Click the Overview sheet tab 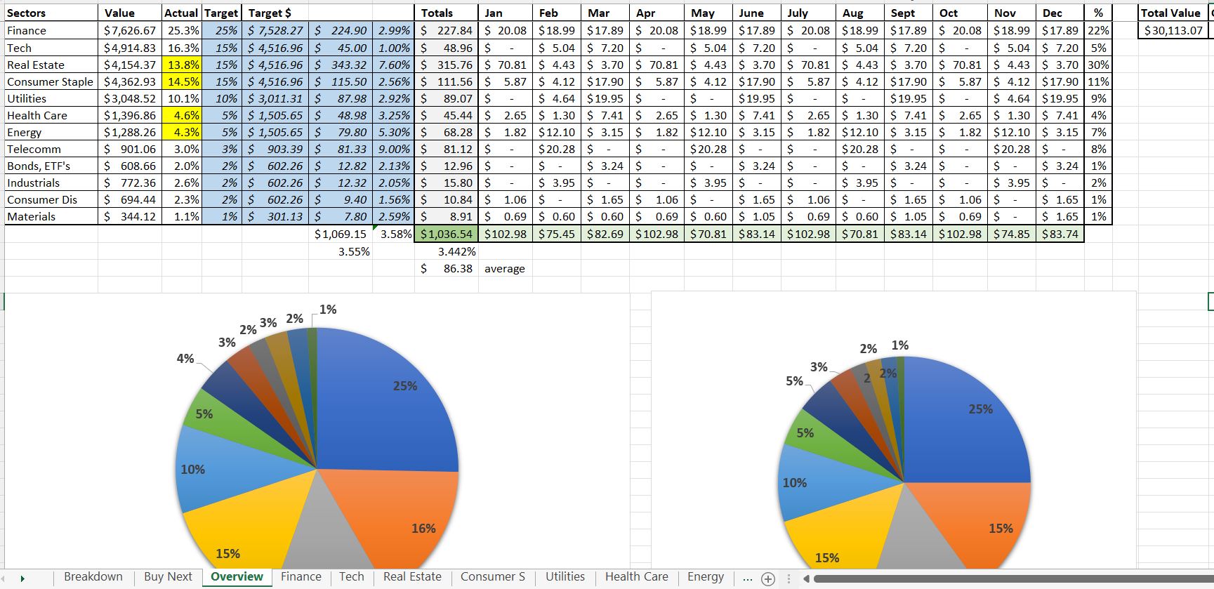coord(237,577)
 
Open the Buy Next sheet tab coord(168,577)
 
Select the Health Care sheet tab coord(636,577)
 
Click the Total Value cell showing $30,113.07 coord(1173,31)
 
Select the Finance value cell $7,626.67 coord(130,31)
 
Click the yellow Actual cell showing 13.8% coord(182,65)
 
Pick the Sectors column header coord(27,13)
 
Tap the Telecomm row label coord(34,149)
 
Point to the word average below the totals coord(504,269)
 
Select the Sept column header coord(903,13)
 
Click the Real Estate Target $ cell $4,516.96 coord(275,65)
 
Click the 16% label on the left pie coord(423,529)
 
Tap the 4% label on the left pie coord(185,359)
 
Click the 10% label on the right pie coord(794,483)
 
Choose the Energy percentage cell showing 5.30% coord(394,132)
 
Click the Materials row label coord(31,216)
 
